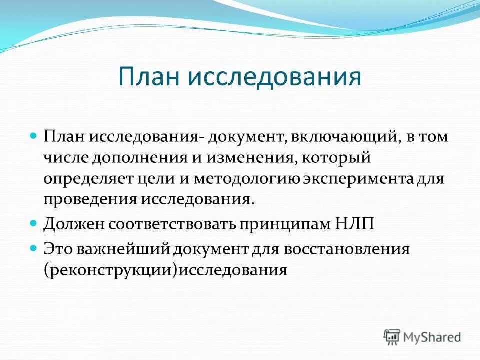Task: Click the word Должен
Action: [x=69, y=223]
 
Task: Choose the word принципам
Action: [x=281, y=223]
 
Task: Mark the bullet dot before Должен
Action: [x=34, y=222]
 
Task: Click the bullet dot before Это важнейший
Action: [x=34, y=247]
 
